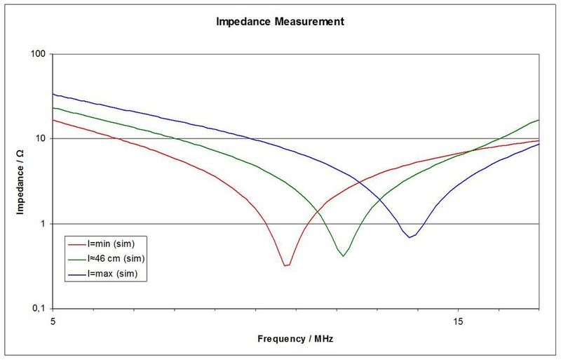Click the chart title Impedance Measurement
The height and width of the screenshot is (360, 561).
point(279,22)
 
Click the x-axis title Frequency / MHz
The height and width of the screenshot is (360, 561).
point(295,338)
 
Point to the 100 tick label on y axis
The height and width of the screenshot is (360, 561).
point(38,54)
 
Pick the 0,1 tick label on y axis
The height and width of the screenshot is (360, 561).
point(39,309)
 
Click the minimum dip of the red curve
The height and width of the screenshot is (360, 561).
point(285,265)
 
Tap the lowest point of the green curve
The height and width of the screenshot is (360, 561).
point(343,256)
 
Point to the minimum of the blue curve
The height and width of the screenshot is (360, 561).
point(410,237)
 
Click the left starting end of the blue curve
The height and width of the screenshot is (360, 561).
point(54,94)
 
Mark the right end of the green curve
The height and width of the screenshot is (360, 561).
point(539,120)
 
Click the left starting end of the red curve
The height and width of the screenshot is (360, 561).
point(54,120)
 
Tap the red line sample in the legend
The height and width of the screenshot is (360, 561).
point(76,244)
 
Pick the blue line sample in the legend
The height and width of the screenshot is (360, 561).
point(76,274)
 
